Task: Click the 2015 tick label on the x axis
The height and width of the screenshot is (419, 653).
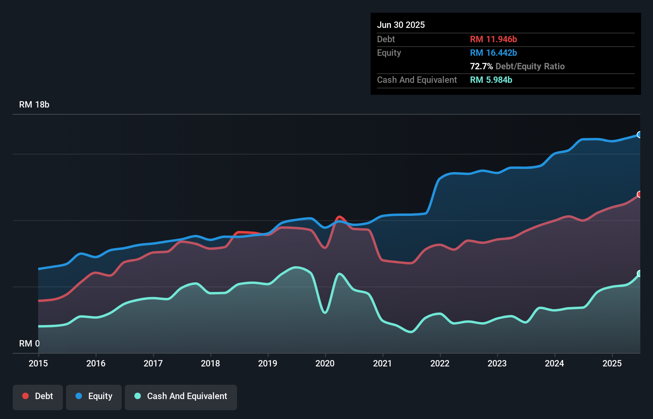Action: (38, 363)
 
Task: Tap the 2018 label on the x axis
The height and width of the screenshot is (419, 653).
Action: (210, 363)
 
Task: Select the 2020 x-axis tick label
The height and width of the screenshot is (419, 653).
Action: (325, 363)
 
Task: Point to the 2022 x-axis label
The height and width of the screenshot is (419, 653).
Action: (440, 363)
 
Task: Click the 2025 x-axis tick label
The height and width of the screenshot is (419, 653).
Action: (612, 363)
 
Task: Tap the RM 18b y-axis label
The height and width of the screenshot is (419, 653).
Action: (34, 105)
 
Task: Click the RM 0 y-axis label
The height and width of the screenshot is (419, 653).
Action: (29, 343)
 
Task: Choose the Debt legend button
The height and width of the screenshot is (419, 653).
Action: (38, 396)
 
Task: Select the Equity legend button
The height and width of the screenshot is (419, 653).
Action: (94, 396)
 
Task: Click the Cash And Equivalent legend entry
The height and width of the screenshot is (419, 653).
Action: (181, 396)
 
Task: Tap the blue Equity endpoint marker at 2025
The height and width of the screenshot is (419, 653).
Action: (639, 135)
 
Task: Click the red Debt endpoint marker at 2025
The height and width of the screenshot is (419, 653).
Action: (639, 194)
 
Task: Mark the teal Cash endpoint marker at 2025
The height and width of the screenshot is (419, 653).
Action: (639, 273)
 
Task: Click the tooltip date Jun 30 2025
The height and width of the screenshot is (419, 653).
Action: (401, 25)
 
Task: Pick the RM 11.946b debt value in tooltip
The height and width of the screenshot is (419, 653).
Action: (494, 39)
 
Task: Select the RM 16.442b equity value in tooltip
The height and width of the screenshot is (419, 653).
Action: (494, 53)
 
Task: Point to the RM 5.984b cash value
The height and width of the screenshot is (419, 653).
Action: (491, 80)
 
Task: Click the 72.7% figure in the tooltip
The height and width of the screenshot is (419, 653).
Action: (481, 67)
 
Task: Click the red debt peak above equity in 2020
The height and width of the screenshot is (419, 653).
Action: (339, 217)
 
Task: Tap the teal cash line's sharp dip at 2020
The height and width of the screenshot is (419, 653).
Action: (325, 312)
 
